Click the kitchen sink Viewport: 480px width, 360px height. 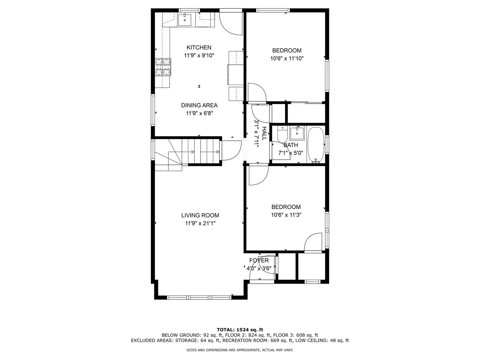click(x=185, y=20)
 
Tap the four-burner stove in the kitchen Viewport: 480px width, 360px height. click(x=163, y=67)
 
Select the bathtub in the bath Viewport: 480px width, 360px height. click(x=316, y=145)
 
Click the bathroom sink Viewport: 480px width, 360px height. click(x=297, y=134)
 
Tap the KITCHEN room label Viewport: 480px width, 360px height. click(x=199, y=47)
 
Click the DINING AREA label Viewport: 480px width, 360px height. click(x=199, y=105)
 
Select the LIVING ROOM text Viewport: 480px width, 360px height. click(x=200, y=215)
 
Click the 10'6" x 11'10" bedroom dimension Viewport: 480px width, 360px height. click(x=287, y=59)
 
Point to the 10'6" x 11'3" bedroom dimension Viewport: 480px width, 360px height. click(x=286, y=215)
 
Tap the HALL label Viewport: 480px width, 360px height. click(x=264, y=134)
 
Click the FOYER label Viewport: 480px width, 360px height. click(x=259, y=260)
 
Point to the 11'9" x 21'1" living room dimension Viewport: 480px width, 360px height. click(x=200, y=223)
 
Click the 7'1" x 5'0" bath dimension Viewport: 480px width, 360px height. click(x=290, y=153)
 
